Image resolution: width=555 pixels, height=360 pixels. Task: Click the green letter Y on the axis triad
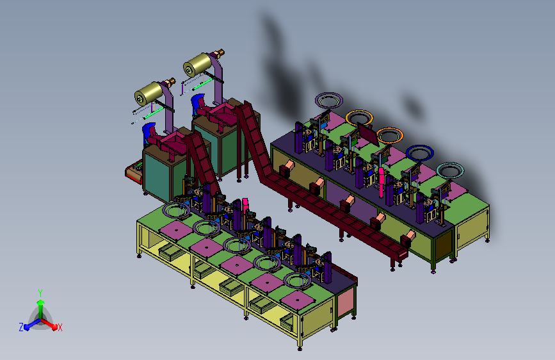click(x=40, y=293)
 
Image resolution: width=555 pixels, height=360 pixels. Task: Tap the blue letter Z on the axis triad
click(x=21, y=327)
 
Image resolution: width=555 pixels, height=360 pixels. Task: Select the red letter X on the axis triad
click(x=60, y=328)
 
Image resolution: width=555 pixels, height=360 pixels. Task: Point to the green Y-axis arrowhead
click(x=40, y=303)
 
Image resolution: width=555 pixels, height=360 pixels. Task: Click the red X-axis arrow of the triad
click(x=49, y=324)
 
